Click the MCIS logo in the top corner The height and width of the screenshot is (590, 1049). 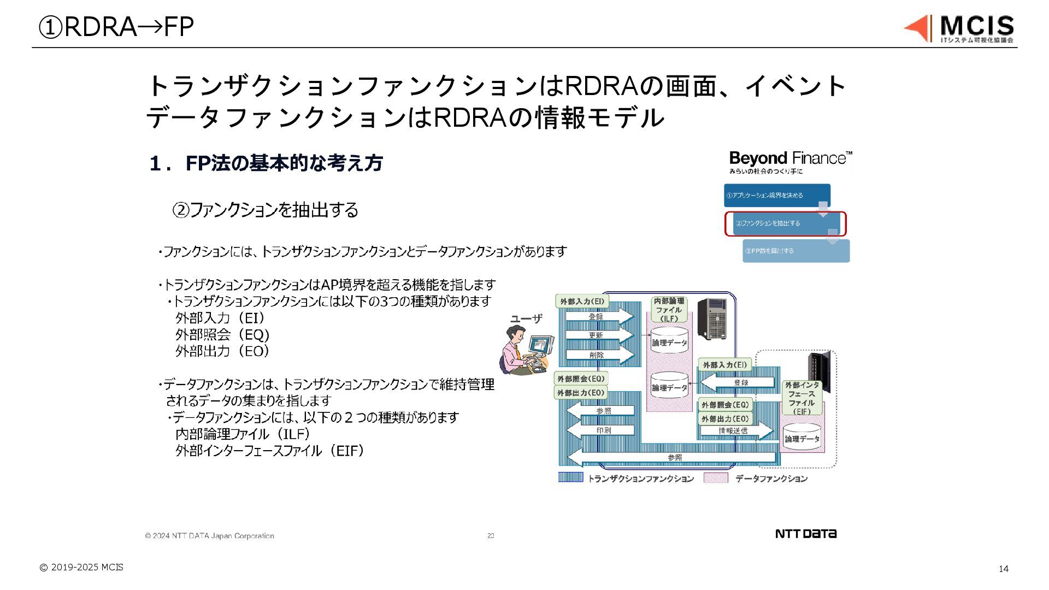(959, 28)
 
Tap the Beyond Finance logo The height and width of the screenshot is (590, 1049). (790, 162)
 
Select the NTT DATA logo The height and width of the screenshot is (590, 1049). (806, 534)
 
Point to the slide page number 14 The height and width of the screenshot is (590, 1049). (1003, 569)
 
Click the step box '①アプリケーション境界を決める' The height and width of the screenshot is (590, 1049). (776, 195)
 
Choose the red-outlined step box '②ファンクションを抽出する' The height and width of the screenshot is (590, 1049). (785, 223)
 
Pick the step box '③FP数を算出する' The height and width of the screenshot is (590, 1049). (795, 251)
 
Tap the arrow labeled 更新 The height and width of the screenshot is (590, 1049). (598, 335)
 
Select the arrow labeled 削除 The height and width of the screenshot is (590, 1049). (598, 355)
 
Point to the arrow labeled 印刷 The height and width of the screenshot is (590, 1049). (601, 430)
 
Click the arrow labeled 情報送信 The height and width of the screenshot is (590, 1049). (735, 430)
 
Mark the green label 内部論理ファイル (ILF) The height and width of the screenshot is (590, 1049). (669, 310)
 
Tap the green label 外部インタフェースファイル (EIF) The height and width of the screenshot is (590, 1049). (802, 398)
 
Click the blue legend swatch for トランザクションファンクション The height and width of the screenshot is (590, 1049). (570, 478)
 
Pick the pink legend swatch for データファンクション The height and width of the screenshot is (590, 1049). (716, 478)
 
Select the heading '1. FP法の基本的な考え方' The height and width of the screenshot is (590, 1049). (266, 163)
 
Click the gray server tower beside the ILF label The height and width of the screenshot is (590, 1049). (712, 318)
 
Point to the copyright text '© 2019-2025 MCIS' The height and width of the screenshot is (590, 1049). (81, 567)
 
